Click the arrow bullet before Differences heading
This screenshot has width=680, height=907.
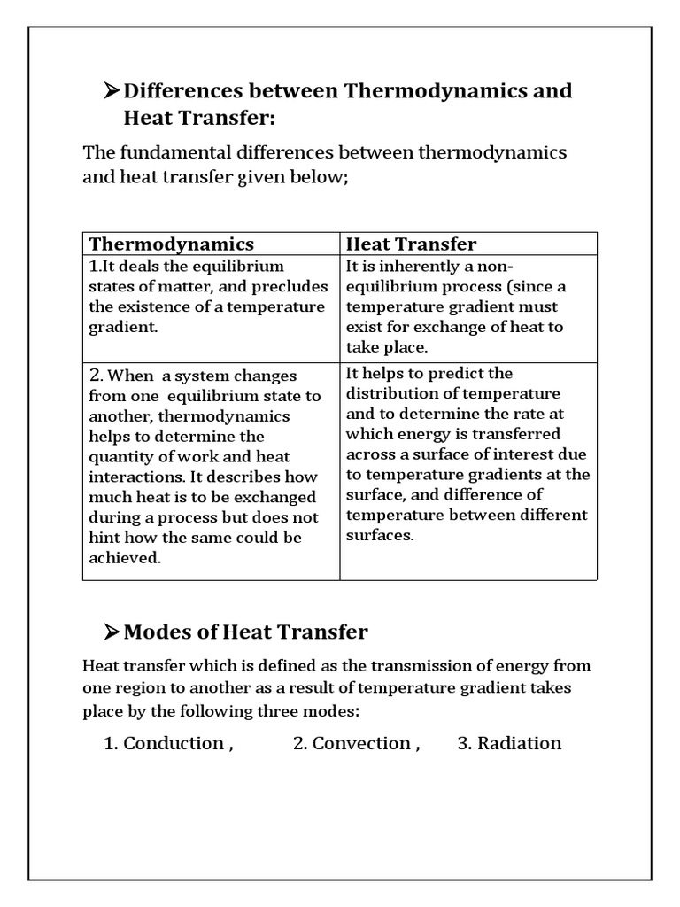click(112, 91)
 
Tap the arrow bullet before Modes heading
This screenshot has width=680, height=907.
click(112, 632)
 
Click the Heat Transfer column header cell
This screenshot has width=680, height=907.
click(411, 244)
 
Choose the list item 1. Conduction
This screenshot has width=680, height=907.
click(168, 743)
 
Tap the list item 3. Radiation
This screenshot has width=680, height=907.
click(509, 743)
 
